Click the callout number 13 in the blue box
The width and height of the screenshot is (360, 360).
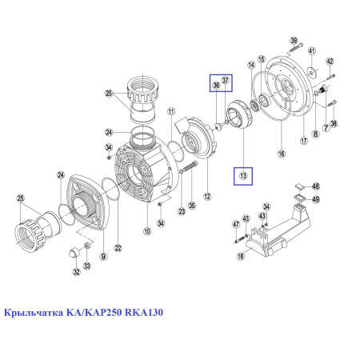[243, 176]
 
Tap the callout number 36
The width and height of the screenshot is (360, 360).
[216, 85]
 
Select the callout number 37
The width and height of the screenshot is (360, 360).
[226, 80]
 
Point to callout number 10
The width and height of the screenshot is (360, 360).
[147, 231]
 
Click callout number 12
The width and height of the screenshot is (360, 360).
[207, 197]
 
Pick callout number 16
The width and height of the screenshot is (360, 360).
[282, 154]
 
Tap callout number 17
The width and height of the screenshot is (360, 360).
[304, 141]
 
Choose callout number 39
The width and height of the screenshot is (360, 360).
[294, 41]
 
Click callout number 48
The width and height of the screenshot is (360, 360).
[316, 186]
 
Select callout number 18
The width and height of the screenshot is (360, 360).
[241, 256]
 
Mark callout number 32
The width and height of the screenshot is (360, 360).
[77, 272]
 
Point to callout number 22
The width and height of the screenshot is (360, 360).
[118, 248]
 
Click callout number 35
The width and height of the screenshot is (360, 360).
[192, 206]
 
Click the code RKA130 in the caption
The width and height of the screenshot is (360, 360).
[144, 312]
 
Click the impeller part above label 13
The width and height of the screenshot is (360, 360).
[238, 114]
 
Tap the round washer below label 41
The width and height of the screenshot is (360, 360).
[311, 71]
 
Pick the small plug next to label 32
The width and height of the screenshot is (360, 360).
[73, 252]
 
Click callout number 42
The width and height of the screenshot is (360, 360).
[330, 62]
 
